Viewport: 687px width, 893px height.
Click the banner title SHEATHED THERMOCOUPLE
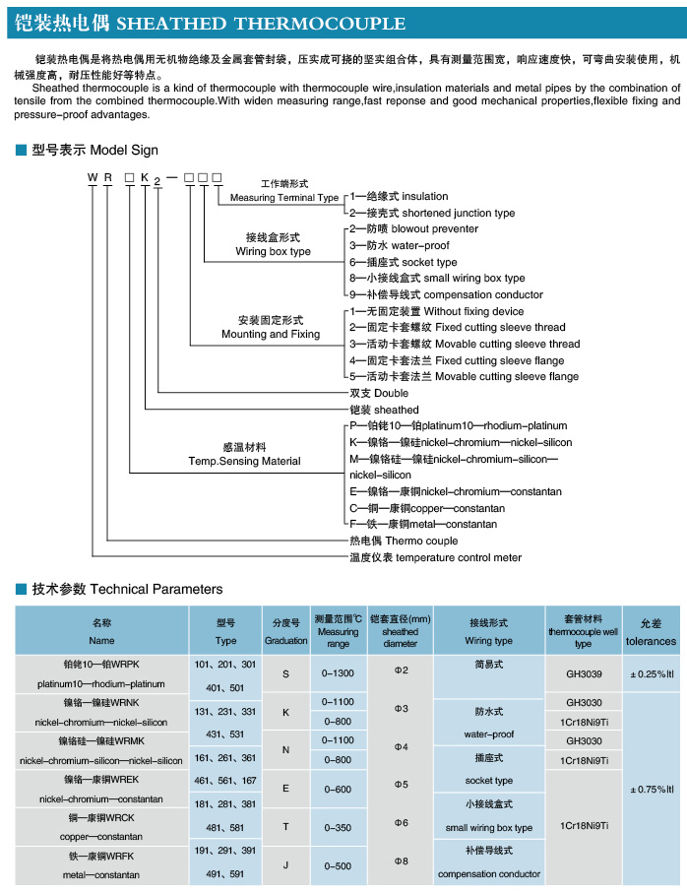pyautogui.click(x=261, y=24)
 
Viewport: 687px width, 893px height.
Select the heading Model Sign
pyautogui.click(x=124, y=150)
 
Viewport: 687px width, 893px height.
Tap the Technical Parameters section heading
pyautogui.click(x=156, y=589)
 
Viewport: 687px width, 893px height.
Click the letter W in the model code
pyautogui.click(x=93, y=177)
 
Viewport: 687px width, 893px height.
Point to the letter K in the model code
pyautogui.click(x=145, y=177)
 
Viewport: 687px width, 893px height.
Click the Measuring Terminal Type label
pyautogui.click(x=284, y=197)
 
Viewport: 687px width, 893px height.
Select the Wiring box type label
pyautogui.click(x=274, y=251)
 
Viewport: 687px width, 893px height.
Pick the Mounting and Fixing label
pyautogui.click(x=271, y=334)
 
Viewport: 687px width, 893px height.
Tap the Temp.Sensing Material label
pyautogui.click(x=244, y=461)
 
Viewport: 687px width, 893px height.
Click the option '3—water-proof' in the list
pyautogui.click(x=399, y=245)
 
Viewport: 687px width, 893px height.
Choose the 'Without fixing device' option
pyautogui.click(x=473, y=311)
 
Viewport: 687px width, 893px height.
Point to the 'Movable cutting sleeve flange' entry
pyautogui.click(x=507, y=376)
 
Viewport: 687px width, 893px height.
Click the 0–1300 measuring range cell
pyautogui.click(x=338, y=673)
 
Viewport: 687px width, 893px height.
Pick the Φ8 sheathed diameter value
pyautogui.click(x=402, y=861)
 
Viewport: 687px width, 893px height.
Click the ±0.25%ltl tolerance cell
pyautogui.click(x=652, y=674)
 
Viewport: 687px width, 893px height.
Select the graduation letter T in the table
pyautogui.click(x=285, y=827)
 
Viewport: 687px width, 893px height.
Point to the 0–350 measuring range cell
pyautogui.click(x=338, y=827)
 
